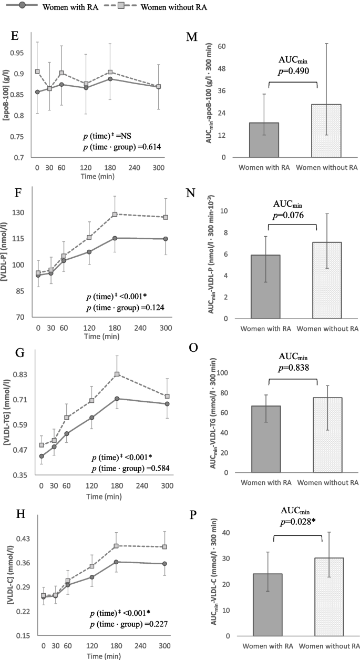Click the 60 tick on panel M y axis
222,47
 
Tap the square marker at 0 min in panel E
37,72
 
